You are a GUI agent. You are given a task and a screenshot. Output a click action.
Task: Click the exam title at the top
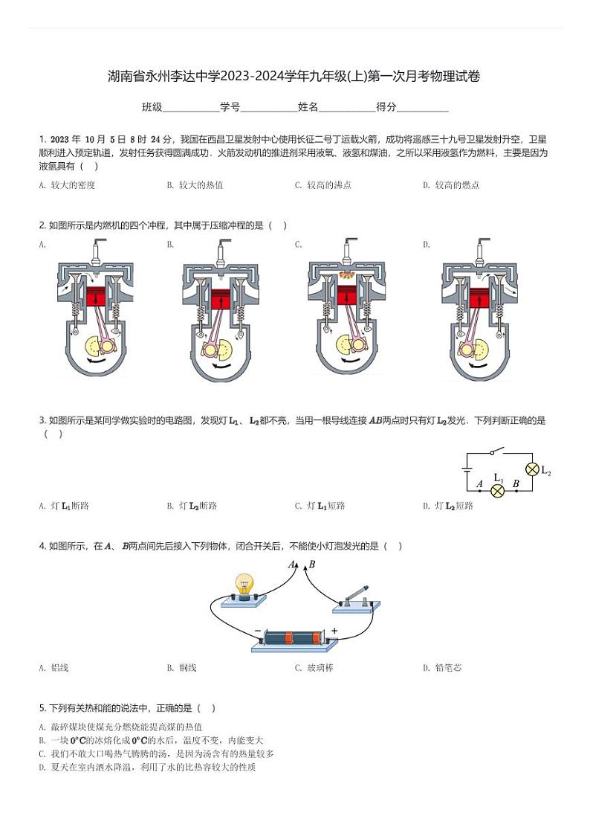tap(294, 76)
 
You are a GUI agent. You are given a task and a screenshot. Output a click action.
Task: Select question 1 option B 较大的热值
tap(195, 185)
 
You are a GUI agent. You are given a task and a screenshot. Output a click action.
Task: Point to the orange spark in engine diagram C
tap(346, 275)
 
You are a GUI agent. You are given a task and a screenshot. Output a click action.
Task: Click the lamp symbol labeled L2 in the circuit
tap(532, 469)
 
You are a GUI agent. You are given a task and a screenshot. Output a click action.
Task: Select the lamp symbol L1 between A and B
tap(498, 491)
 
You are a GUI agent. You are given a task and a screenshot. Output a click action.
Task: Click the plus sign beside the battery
tap(334, 631)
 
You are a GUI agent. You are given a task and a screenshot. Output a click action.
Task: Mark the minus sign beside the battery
tap(257, 631)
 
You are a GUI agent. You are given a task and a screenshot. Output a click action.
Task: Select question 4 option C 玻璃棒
tap(314, 668)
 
